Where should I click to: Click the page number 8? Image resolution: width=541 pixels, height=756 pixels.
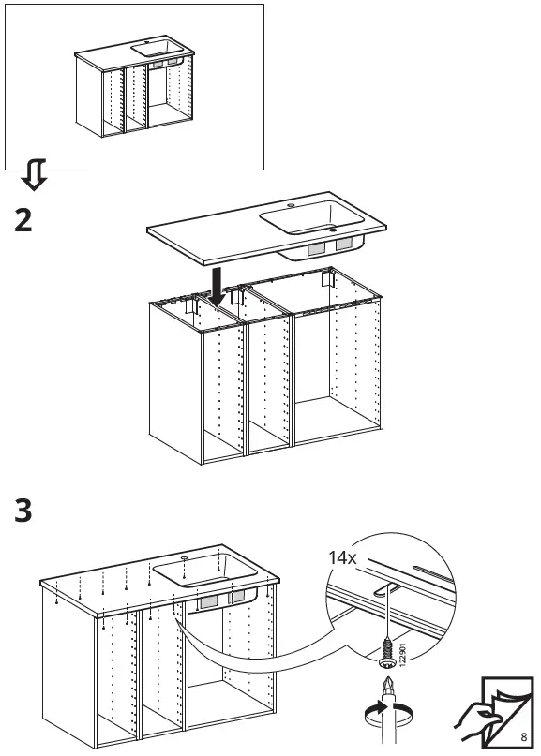525,736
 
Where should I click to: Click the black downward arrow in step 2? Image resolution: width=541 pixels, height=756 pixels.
217,287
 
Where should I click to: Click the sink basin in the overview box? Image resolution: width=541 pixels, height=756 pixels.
152,46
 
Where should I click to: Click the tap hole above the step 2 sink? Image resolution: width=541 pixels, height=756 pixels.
290,202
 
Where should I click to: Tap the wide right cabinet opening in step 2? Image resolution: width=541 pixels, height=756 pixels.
337,384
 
